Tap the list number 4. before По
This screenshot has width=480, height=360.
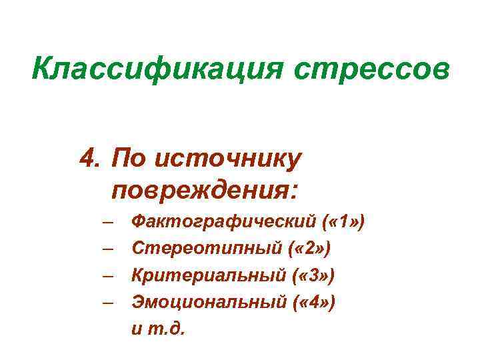coord(91,159)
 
